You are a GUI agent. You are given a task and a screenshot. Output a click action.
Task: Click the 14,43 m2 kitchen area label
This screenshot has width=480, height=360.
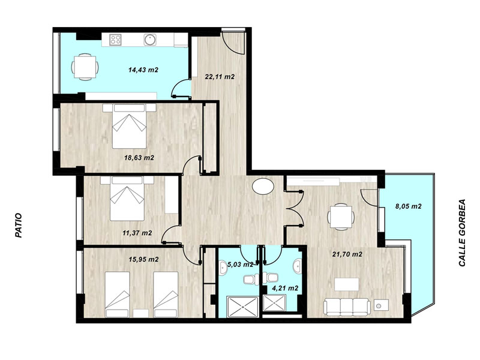(x=143, y=70)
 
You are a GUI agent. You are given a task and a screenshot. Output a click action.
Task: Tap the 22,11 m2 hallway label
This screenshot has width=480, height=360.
(x=220, y=77)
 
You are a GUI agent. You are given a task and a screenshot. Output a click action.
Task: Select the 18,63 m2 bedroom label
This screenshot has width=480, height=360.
(x=139, y=158)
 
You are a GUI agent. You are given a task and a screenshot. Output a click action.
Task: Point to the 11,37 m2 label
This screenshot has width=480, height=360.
(x=137, y=233)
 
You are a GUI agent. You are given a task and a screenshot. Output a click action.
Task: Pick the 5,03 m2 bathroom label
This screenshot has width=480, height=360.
(x=236, y=265)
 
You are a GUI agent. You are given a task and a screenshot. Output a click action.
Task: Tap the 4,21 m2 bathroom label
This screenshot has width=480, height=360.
(x=285, y=288)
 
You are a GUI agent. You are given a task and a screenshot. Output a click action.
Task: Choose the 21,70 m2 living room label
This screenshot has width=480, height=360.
(x=347, y=254)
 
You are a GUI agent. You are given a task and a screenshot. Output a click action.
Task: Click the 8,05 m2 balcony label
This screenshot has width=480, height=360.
(x=409, y=206)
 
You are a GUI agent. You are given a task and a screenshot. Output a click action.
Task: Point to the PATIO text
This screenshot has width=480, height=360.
(x=19, y=226)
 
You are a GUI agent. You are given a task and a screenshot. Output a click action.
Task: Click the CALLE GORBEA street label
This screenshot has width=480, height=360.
(x=462, y=233)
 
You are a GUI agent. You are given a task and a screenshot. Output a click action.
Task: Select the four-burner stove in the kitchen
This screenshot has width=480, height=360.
(x=116, y=39)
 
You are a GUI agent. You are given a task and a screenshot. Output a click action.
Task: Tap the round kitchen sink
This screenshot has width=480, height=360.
(x=150, y=39)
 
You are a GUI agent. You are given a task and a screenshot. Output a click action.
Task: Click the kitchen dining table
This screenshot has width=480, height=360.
(x=85, y=67)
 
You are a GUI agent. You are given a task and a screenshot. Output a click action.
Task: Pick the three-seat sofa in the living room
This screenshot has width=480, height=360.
(x=347, y=307)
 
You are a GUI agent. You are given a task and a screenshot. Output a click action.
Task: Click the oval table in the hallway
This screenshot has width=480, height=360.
(x=263, y=187)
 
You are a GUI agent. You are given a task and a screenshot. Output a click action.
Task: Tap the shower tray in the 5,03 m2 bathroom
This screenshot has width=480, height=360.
(x=243, y=307)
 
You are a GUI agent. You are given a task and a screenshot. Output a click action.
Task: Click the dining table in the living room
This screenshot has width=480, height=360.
(x=341, y=217)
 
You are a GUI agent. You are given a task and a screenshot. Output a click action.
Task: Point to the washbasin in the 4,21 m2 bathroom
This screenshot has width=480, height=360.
(x=297, y=266)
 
